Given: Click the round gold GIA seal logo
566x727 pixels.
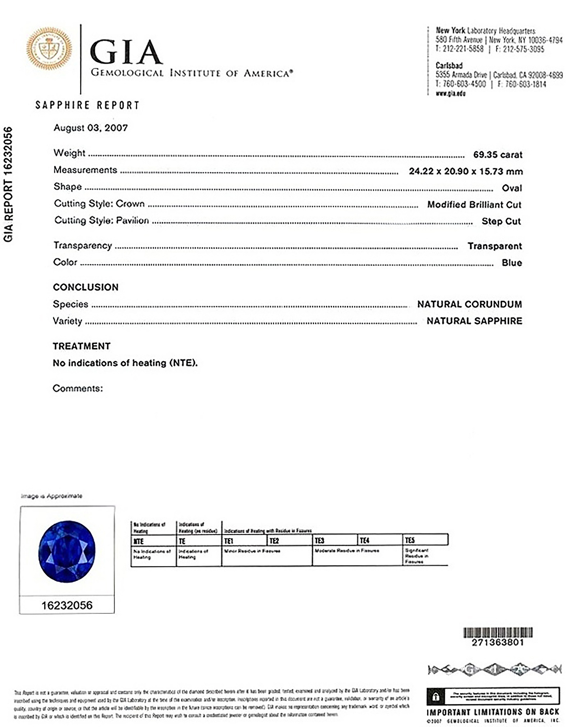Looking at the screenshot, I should click(x=49, y=49).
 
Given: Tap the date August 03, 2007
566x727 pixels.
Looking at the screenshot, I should click(x=91, y=128).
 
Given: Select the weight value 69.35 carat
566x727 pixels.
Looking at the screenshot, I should click(x=498, y=155).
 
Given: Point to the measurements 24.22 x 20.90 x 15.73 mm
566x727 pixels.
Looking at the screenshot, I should click(x=466, y=171).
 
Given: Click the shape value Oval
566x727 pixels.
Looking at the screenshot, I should click(x=512, y=188).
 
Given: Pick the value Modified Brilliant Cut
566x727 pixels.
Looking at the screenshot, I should click(x=474, y=204).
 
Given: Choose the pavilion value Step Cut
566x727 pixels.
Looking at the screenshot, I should click(x=501, y=221).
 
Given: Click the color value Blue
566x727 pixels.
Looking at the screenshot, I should click(x=512, y=263).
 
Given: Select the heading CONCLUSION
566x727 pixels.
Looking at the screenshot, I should click(x=86, y=287).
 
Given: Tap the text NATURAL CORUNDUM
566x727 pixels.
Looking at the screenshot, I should click(x=469, y=304).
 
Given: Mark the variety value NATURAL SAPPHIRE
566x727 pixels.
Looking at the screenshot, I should click(x=474, y=321).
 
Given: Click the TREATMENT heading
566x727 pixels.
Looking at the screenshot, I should click(x=81, y=346).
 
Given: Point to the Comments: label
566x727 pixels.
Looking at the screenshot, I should click(x=78, y=388).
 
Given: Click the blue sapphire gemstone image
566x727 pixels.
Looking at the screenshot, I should click(x=67, y=552).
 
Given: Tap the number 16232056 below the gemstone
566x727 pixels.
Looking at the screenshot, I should click(x=67, y=605).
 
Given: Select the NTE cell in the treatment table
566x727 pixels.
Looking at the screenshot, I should click(x=139, y=541).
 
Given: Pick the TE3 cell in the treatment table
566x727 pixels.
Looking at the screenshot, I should click(x=319, y=540).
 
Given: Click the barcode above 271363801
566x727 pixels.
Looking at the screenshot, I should click(x=498, y=632).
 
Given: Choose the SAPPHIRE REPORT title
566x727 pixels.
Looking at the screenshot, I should click(x=87, y=105).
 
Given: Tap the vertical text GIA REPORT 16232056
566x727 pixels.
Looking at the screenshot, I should click(x=8, y=184).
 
